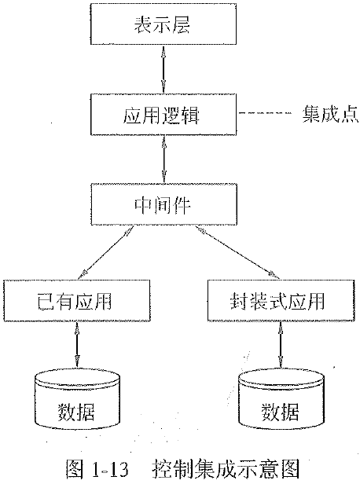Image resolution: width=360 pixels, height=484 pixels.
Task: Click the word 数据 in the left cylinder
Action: (76, 410)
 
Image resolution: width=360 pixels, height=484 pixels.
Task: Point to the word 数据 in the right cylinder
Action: (280, 410)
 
